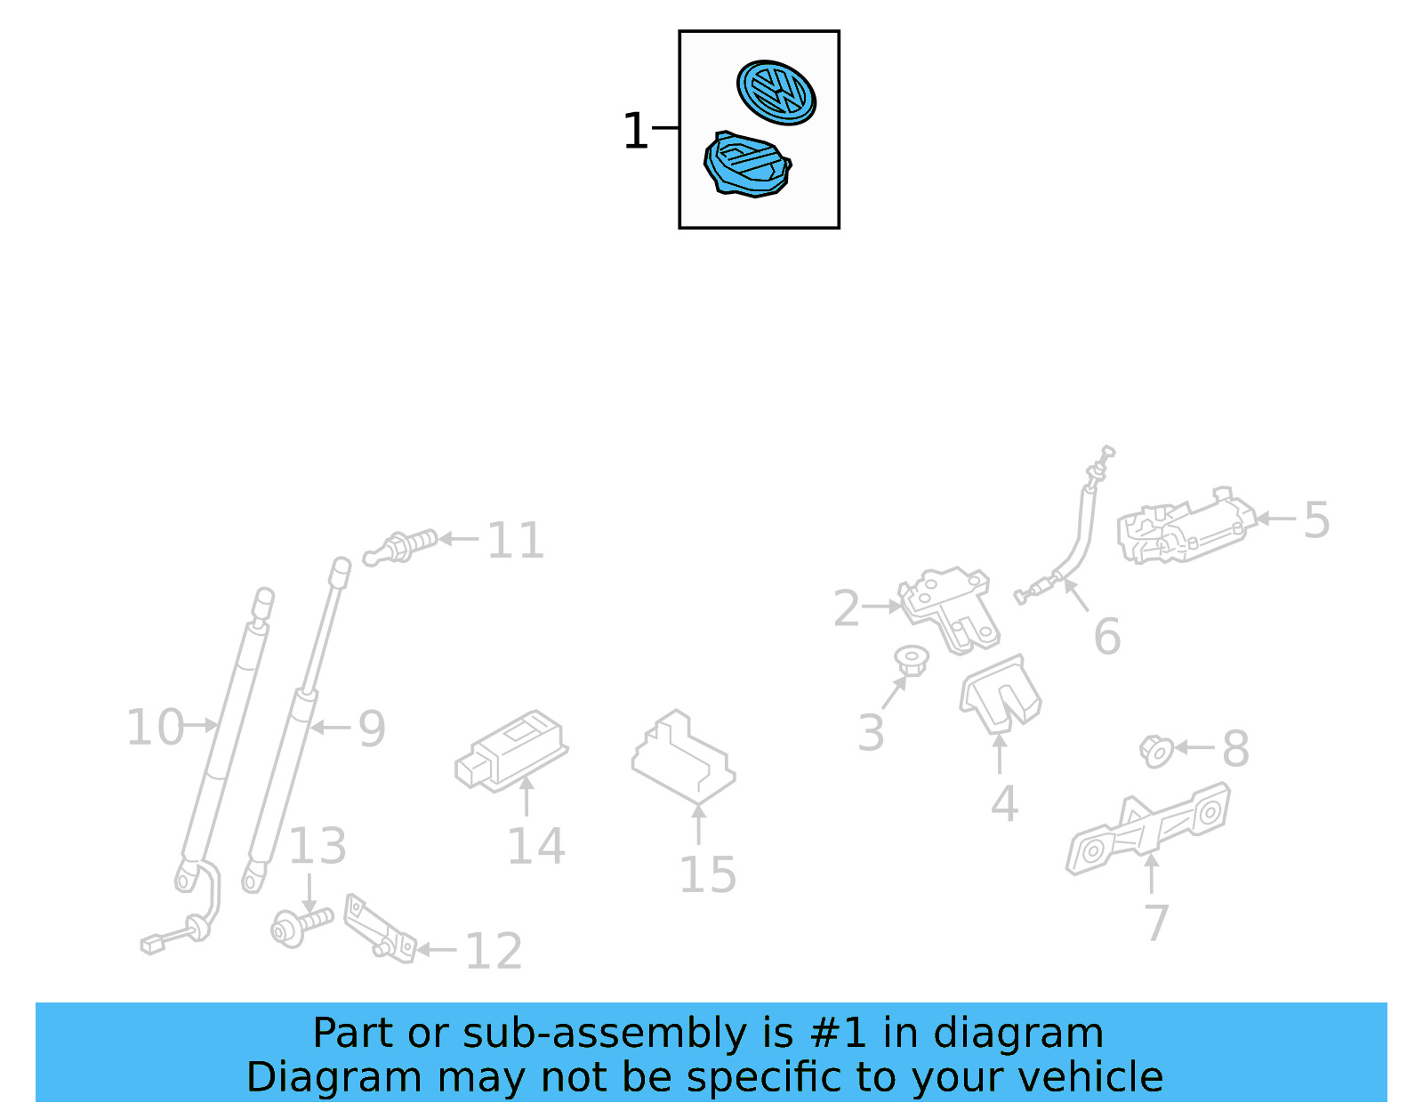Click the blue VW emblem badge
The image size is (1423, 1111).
(x=776, y=93)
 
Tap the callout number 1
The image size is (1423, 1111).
(x=635, y=132)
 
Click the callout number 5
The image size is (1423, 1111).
(x=1315, y=520)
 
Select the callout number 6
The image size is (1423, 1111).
(x=1106, y=637)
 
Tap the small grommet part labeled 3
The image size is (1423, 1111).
(x=912, y=661)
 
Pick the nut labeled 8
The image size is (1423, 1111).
(x=1156, y=752)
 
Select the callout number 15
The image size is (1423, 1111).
(x=707, y=875)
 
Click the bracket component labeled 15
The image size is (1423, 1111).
(x=683, y=756)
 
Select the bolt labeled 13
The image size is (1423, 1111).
(x=300, y=926)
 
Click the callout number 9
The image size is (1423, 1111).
(x=371, y=729)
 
